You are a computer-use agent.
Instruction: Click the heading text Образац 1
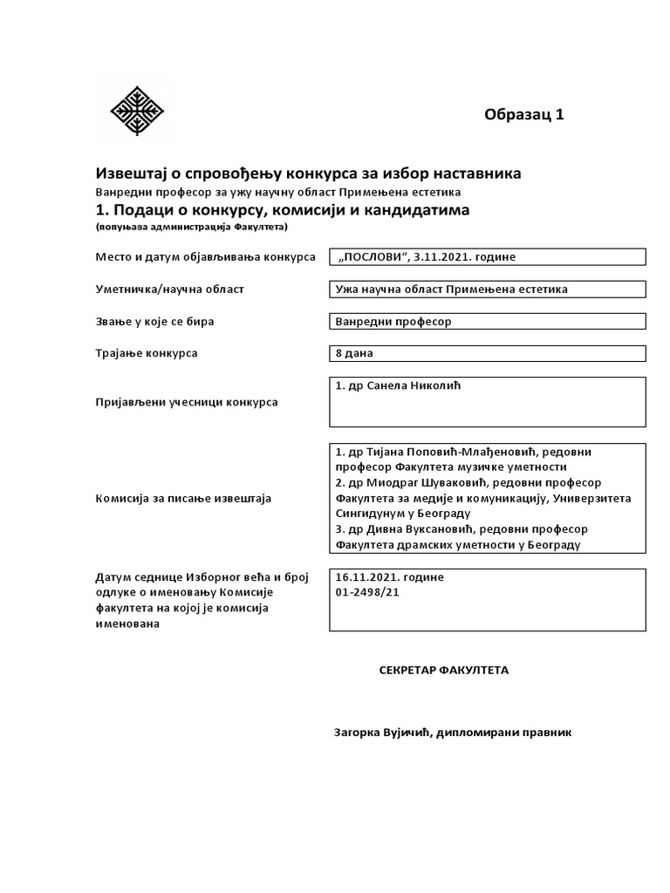[x=524, y=115]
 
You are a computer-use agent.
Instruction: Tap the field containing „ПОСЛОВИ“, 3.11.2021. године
[x=487, y=256]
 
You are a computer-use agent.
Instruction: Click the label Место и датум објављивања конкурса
[x=205, y=257]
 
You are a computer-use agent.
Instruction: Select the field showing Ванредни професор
[x=487, y=321]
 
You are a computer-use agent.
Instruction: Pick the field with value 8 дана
[x=487, y=353]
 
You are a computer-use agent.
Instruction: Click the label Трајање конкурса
[x=146, y=353]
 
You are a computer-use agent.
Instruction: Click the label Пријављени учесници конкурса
[x=186, y=402]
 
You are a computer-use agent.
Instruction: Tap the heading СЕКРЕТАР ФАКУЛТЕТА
[x=443, y=670]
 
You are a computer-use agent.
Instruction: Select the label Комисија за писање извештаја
[x=182, y=498]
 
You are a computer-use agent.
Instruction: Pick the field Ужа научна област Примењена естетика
[x=487, y=289]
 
